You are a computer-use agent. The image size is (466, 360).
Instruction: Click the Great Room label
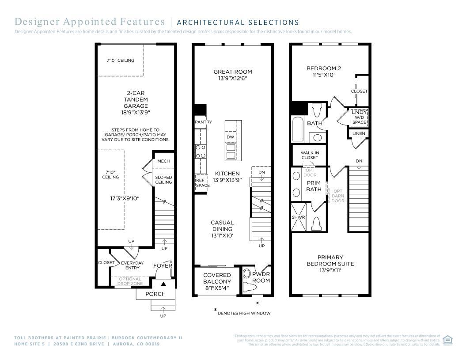(x=233, y=72)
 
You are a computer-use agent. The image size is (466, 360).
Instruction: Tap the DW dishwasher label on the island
(x=230, y=137)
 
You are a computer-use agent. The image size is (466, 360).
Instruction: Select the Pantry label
(x=203, y=122)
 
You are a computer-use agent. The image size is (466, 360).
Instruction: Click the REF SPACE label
(x=202, y=182)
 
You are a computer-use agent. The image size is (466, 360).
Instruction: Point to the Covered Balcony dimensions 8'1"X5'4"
(x=217, y=288)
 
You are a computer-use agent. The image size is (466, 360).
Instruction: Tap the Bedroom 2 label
(x=324, y=68)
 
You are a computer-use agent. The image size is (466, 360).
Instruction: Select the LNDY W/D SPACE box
(x=359, y=117)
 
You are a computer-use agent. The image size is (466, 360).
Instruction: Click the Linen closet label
(x=358, y=133)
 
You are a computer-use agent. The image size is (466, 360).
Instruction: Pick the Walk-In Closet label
(x=310, y=155)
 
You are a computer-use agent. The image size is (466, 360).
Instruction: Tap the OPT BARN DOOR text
(x=338, y=196)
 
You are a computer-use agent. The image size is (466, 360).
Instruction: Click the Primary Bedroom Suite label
(x=330, y=260)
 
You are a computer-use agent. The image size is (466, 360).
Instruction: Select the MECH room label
(x=163, y=161)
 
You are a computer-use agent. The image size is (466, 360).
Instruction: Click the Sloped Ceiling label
(x=163, y=180)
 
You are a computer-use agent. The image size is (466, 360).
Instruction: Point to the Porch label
(x=155, y=294)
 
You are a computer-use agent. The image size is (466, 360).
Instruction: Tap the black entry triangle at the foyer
(x=163, y=284)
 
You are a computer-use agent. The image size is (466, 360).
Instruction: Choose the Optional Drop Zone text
(x=130, y=281)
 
